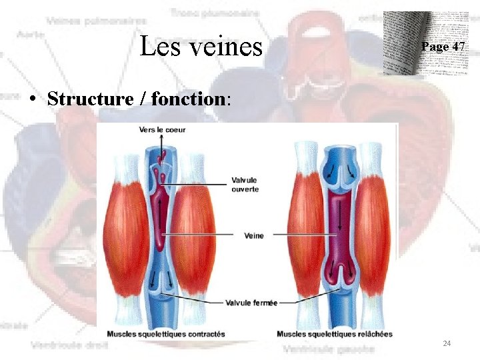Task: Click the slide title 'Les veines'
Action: (x=201, y=46)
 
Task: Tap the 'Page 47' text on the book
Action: (x=443, y=47)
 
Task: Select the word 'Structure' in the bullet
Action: (x=91, y=99)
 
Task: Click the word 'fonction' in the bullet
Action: (x=189, y=99)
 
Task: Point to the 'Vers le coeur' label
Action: (x=163, y=129)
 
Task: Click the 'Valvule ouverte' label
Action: (x=245, y=185)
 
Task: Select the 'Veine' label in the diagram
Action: (x=254, y=235)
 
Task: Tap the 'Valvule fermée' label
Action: (x=251, y=302)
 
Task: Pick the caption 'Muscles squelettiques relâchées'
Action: (x=335, y=333)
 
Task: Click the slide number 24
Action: (x=447, y=343)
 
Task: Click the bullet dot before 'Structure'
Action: (x=32, y=100)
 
